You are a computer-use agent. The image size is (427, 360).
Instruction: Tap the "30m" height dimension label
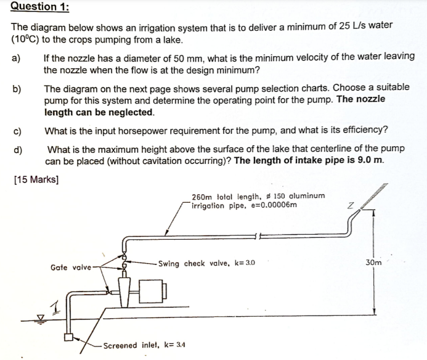[x=373, y=262]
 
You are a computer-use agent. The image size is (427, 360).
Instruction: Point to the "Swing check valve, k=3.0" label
[x=206, y=263]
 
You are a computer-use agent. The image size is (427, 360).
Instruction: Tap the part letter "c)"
[x=17, y=130]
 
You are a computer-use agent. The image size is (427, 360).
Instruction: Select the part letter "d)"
[x=17, y=149]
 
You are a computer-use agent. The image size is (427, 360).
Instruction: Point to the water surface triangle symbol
[x=40, y=317]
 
